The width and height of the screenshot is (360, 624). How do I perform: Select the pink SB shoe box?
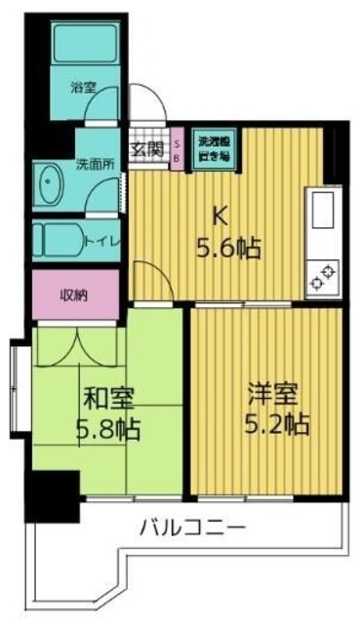point(177,150)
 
